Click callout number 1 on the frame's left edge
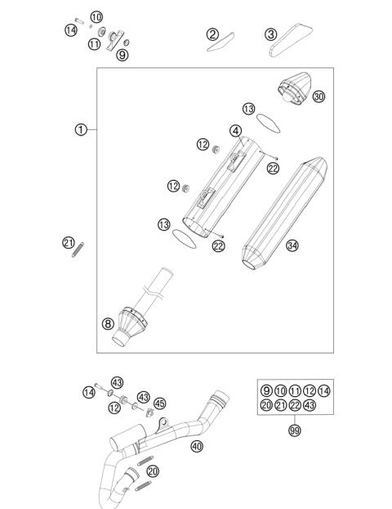pos(80,130)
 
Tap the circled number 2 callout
pos(212,34)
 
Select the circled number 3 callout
pos(270,34)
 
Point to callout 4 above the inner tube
pos(235,130)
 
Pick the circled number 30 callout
pos(318,97)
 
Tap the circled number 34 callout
pos(292,244)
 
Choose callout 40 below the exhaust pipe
pos(195,446)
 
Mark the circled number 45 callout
pos(159,403)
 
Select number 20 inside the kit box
pos(266,404)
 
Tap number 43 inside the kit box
pos(309,404)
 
